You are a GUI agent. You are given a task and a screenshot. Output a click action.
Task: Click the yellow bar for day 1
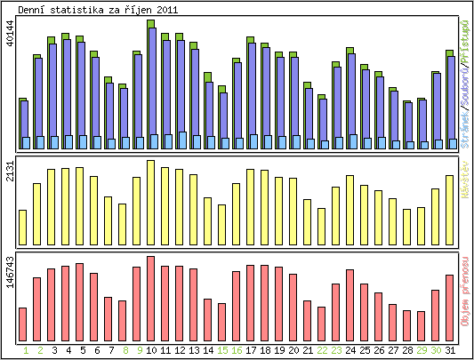tap(22, 228)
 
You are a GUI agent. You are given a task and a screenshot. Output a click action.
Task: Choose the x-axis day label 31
tap(450, 351)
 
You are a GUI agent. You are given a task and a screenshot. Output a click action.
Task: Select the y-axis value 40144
tap(10, 40)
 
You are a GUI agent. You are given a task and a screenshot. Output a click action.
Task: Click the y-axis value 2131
tap(10, 173)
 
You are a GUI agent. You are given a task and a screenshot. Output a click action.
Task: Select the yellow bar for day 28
tap(407, 227)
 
